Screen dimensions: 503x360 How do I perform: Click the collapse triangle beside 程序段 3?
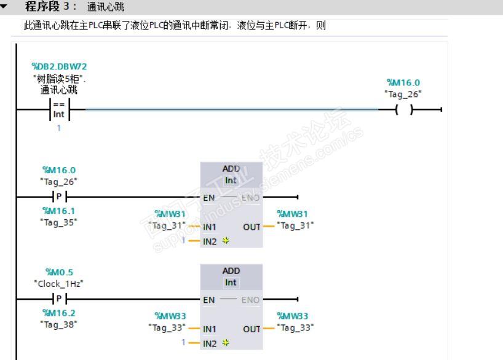coord(4,6)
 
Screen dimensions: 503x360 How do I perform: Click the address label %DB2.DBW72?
coord(60,66)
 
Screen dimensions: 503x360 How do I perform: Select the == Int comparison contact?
coord(60,109)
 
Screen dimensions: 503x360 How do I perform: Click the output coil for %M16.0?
coord(404,109)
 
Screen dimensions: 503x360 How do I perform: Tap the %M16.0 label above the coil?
coord(403,82)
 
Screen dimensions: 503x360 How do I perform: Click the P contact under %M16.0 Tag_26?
coord(59,197)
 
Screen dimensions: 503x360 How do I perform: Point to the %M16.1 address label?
coord(58,211)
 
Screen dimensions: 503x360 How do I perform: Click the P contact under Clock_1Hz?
coord(59,299)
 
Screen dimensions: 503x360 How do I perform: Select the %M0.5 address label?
coord(60,272)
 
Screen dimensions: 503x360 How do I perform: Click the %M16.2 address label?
coord(58,313)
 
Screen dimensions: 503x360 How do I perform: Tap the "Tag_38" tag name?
coord(58,325)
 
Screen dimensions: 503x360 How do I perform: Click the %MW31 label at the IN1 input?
coord(170,214)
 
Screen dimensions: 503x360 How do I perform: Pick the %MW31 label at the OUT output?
coord(292,214)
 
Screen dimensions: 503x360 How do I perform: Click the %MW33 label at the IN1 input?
coord(170,316)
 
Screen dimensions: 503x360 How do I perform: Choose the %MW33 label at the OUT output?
coord(292,316)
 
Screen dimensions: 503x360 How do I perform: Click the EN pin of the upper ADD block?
coord(209,198)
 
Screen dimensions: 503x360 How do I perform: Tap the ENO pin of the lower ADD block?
coord(250,300)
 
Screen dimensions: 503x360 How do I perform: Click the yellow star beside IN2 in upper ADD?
coord(226,240)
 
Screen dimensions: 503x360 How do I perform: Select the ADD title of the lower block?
coord(231,271)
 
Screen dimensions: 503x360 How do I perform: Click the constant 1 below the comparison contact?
coord(58,128)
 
